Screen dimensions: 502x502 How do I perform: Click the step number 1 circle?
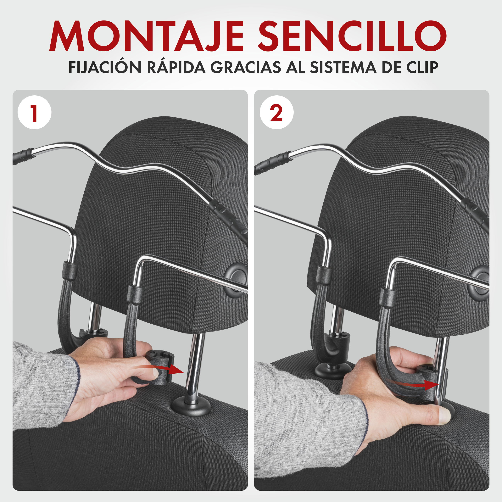(34, 112)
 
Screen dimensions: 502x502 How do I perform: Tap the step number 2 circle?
(276, 112)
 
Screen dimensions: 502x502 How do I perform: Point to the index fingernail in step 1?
(155, 373)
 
